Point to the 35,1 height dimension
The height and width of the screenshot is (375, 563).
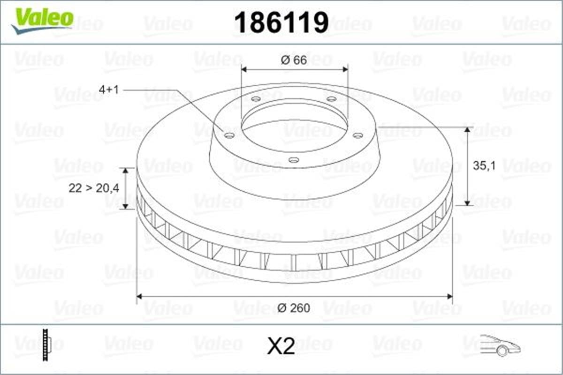tap(484, 166)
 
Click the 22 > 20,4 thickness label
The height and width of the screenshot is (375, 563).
tap(94, 188)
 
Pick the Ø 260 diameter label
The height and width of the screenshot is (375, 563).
tap(294, 308)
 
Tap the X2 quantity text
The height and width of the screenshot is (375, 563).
tap(281, 347)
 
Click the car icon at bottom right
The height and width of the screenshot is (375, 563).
tap(500, 345)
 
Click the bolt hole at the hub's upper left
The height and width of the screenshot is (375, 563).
tap(256, 99)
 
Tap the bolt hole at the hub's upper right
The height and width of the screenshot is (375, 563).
tap(331, 99)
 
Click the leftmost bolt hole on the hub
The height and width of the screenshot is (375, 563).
tap(229, 135)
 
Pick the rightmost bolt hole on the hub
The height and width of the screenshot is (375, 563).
tap(358, 135)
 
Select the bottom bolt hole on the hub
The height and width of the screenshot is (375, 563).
tap(293, 160)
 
